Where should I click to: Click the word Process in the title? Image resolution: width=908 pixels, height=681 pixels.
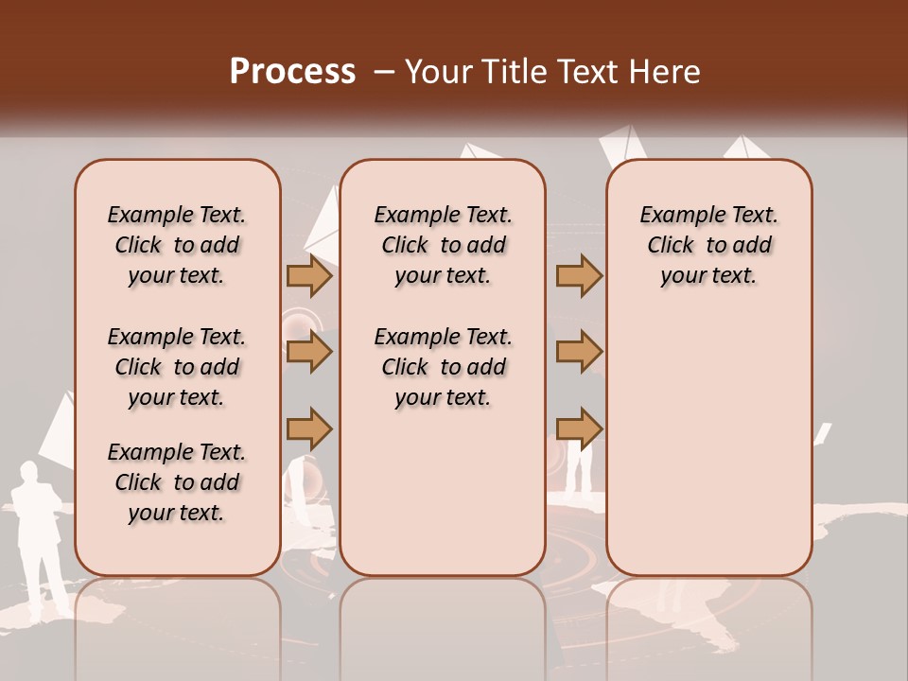click(292, 72)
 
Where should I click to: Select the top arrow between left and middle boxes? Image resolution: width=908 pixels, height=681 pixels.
click(309, 276)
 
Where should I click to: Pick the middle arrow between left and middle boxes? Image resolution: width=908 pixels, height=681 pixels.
click(309, 353)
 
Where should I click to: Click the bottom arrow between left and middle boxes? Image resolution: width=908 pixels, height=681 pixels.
click(309, 429)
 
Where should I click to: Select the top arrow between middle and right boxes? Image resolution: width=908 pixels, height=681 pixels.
click(579, 276)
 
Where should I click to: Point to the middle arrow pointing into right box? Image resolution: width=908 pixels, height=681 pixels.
click(579, 353)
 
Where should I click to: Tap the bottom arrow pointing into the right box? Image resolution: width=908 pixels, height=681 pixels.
click(579, 429)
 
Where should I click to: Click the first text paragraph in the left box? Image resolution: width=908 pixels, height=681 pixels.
click(177, 245)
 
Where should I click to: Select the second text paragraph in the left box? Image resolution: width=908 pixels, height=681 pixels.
click(177, 367)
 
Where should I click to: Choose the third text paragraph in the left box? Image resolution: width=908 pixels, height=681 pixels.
click(177, 482)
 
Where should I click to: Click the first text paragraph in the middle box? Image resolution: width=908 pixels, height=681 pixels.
click(443, 245)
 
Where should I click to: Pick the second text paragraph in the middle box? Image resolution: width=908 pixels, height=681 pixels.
click(443, 367)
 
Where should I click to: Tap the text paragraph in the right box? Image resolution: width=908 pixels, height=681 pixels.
click(709, 245)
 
